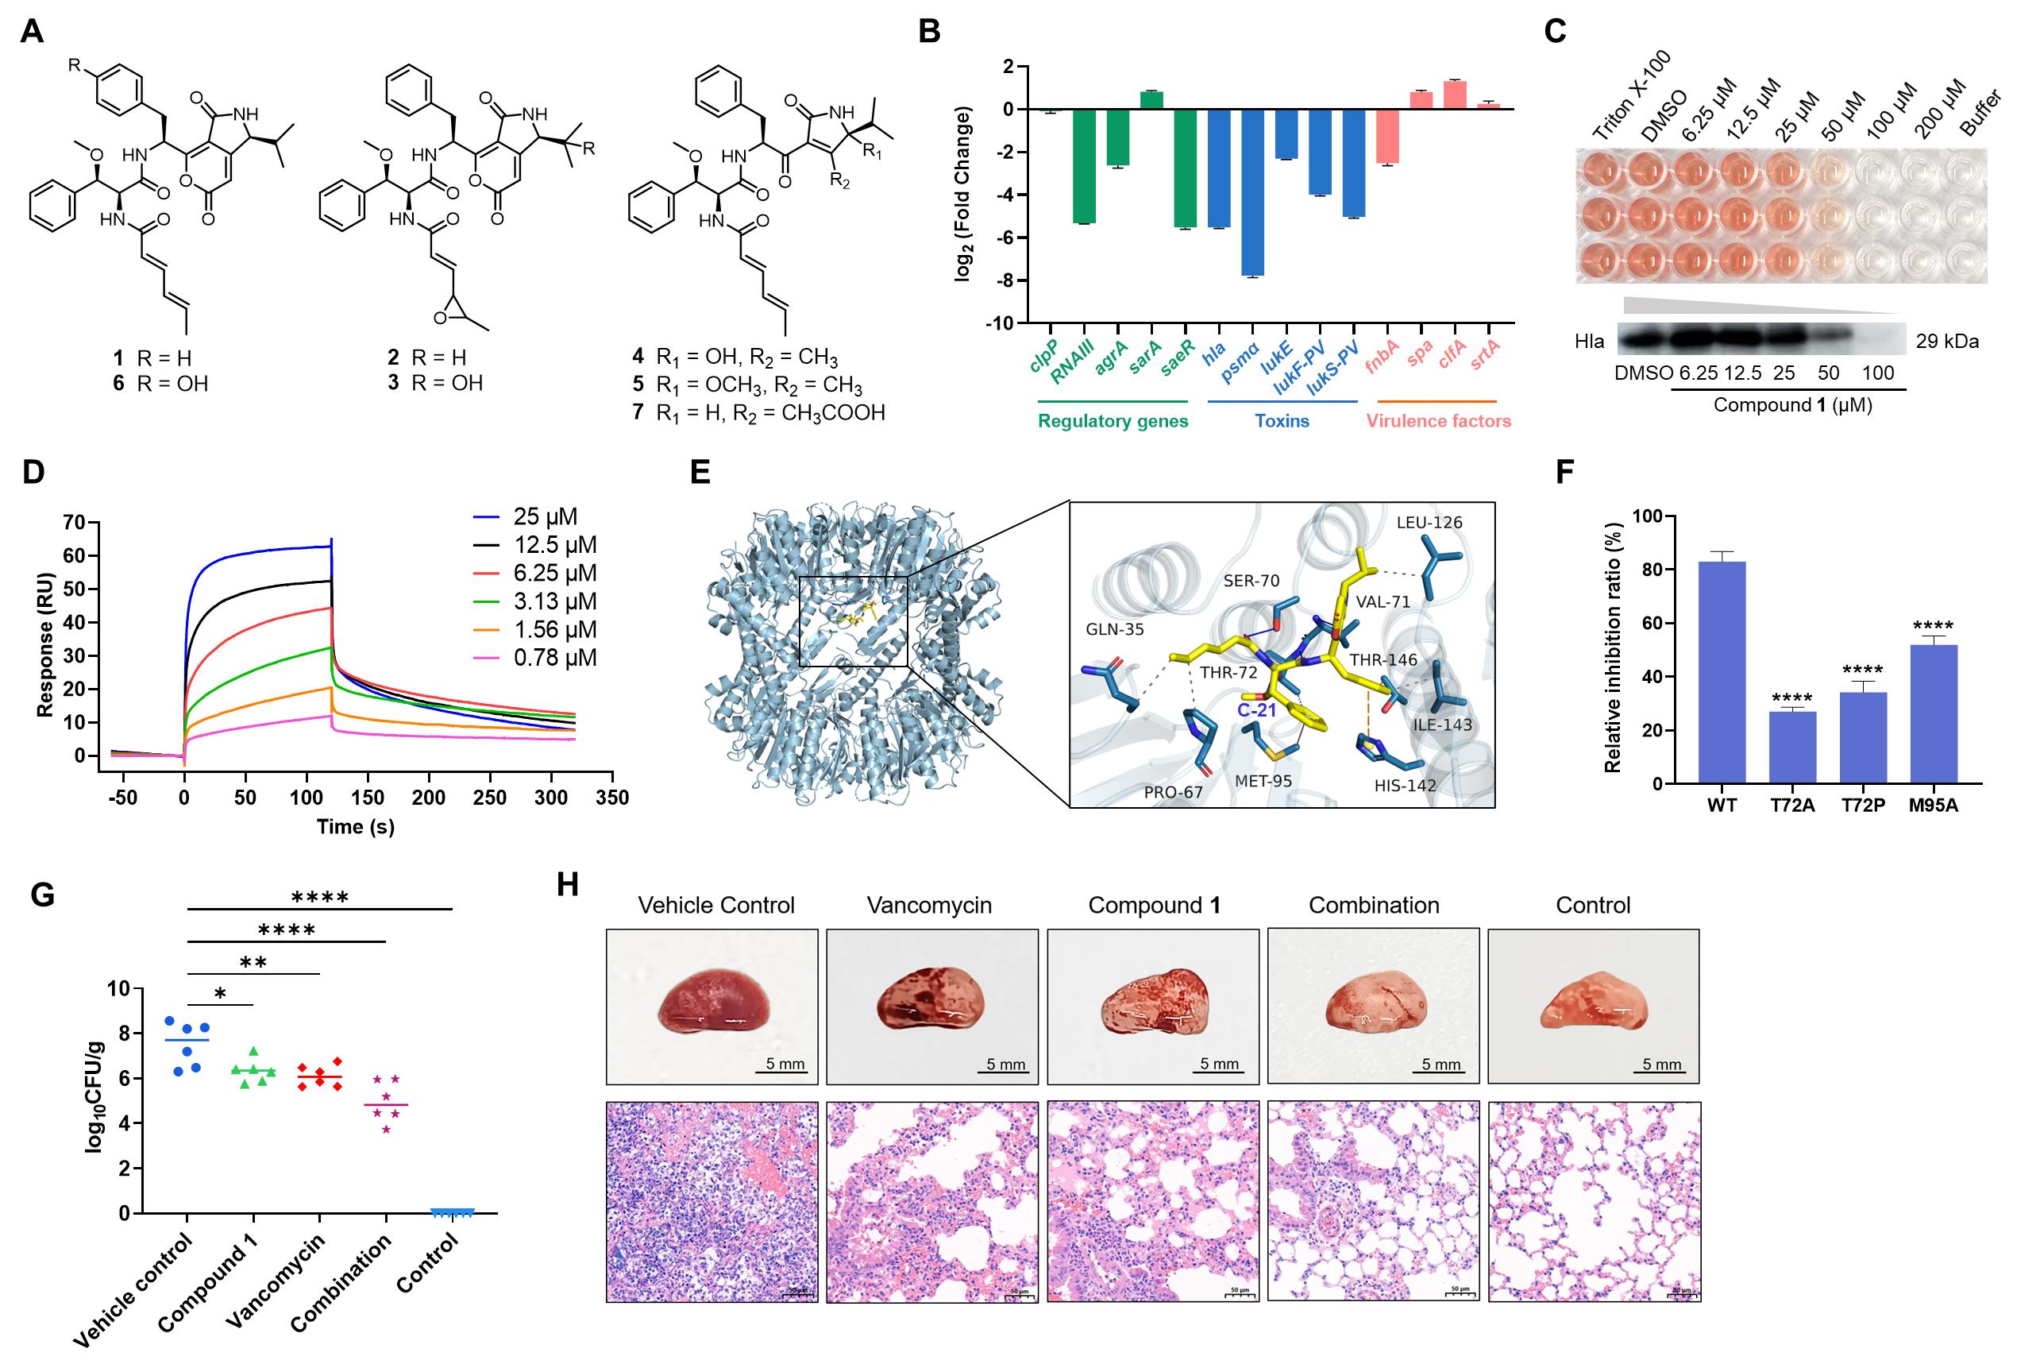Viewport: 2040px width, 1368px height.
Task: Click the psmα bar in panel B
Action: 1252,192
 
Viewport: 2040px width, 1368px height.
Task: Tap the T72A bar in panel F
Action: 1792,748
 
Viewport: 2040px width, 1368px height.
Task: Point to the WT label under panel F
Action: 1722,806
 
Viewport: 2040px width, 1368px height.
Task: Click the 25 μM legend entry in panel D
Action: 526,516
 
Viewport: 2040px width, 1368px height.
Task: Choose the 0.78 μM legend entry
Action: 535,658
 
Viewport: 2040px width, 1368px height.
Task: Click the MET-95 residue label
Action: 1263,781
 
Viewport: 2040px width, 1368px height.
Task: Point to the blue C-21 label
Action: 1257,710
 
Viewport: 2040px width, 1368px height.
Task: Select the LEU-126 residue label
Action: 1429,523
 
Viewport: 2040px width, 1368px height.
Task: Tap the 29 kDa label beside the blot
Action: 1946,341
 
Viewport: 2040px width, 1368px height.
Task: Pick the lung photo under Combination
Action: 1373,1006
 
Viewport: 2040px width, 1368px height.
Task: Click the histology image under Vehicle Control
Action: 711,1201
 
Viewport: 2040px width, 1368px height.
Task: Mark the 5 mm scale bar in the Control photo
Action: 1662,1071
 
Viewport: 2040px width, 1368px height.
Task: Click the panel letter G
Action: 42,895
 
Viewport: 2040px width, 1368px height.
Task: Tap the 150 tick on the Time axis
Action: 367,798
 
